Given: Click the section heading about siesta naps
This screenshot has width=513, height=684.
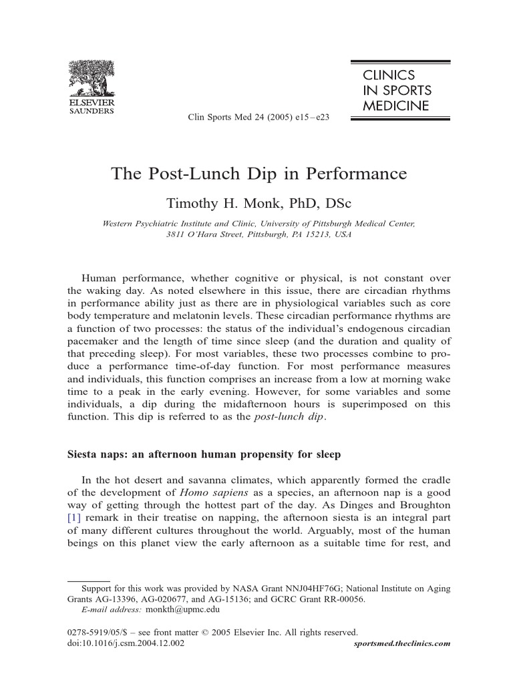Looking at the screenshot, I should tap(204, 455).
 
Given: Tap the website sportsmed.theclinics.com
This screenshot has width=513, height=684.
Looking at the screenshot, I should tap(400, 643).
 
